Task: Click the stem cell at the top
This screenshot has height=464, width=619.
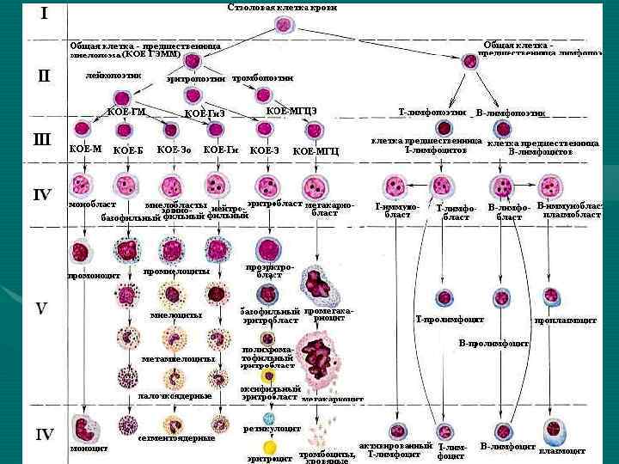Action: pyautogui.click(x=284, y=25)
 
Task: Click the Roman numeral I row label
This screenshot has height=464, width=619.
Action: pyautogui.click(x=44, y=14)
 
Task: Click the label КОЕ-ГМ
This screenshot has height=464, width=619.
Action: pyautogui.click(x=126, y=113)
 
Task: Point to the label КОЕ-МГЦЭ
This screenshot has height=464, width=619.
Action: pyautogui.click(x=291, y=111)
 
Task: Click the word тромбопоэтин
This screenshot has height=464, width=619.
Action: pyautogui.click(x=262, y=77)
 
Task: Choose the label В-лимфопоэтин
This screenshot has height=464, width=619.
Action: pyautogui.click(x=511, y=113)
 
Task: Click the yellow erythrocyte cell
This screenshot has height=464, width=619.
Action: pyautogui.click(x=270, y=447)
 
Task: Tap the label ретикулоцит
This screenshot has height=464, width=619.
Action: pyautogui.click(x=270, y=427)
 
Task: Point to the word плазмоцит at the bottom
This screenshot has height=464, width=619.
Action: pyautogui.click(x=562, y=450)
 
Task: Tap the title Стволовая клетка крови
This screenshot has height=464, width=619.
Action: pyautogui.click(x=281, y=8)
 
